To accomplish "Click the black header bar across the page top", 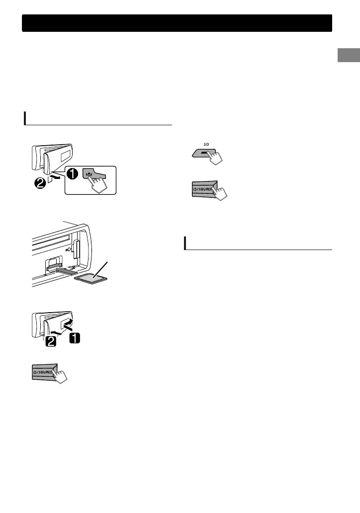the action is pyautogui.click(x=177, y=23).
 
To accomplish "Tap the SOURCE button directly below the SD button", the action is pyautogui.click(x=205, y=189).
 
